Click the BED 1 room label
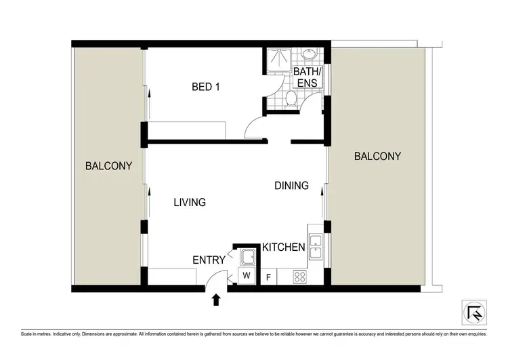206,87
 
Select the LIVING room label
189,202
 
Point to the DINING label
291,185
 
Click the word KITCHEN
283,247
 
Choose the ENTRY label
209,260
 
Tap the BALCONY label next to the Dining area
377,156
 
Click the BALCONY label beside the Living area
108,165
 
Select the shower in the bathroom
276,61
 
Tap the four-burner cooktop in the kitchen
300,276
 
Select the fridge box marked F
269,277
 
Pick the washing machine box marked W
246,276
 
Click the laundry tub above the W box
247,257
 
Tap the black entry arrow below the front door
216,299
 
